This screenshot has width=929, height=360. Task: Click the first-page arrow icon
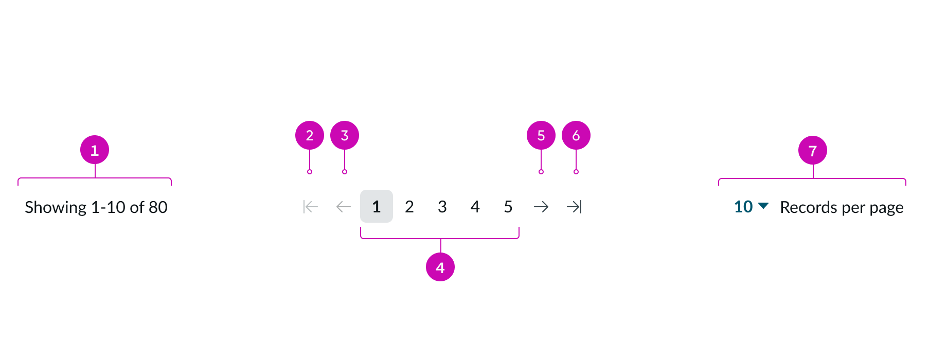click(x=311, y=207)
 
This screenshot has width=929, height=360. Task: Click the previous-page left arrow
click(x=344, y=207)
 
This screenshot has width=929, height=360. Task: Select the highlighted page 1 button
click(x=377, y=206)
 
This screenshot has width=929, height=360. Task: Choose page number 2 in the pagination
click(x=409, y=207)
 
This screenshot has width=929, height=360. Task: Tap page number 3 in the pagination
click(x=442, y=207)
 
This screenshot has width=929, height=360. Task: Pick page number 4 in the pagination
click(x=475, y=207)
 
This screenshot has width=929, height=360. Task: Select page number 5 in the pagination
click(x=508, y=207)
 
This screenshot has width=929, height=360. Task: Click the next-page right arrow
click(x=541, y=207)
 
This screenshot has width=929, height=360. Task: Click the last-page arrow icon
click(x=574, y=207)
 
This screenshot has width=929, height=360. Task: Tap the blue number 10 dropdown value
click(x=743, y=207)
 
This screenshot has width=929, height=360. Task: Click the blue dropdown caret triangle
click(x=764, y=206)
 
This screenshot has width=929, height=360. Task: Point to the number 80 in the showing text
click(x=158, y=207)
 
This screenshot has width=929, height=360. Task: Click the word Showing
click(x=56, y=207)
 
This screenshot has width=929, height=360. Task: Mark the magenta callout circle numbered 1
click(x=95, y=150)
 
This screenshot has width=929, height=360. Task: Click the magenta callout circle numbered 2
click(x=310, y=135)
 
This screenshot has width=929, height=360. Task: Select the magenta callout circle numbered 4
click(x=440, y=267)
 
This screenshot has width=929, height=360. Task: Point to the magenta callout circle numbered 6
click(x=576, y=135)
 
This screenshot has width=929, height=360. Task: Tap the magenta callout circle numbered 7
click(x=813, y=151)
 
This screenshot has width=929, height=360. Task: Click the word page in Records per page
click(x=887, y=208)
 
